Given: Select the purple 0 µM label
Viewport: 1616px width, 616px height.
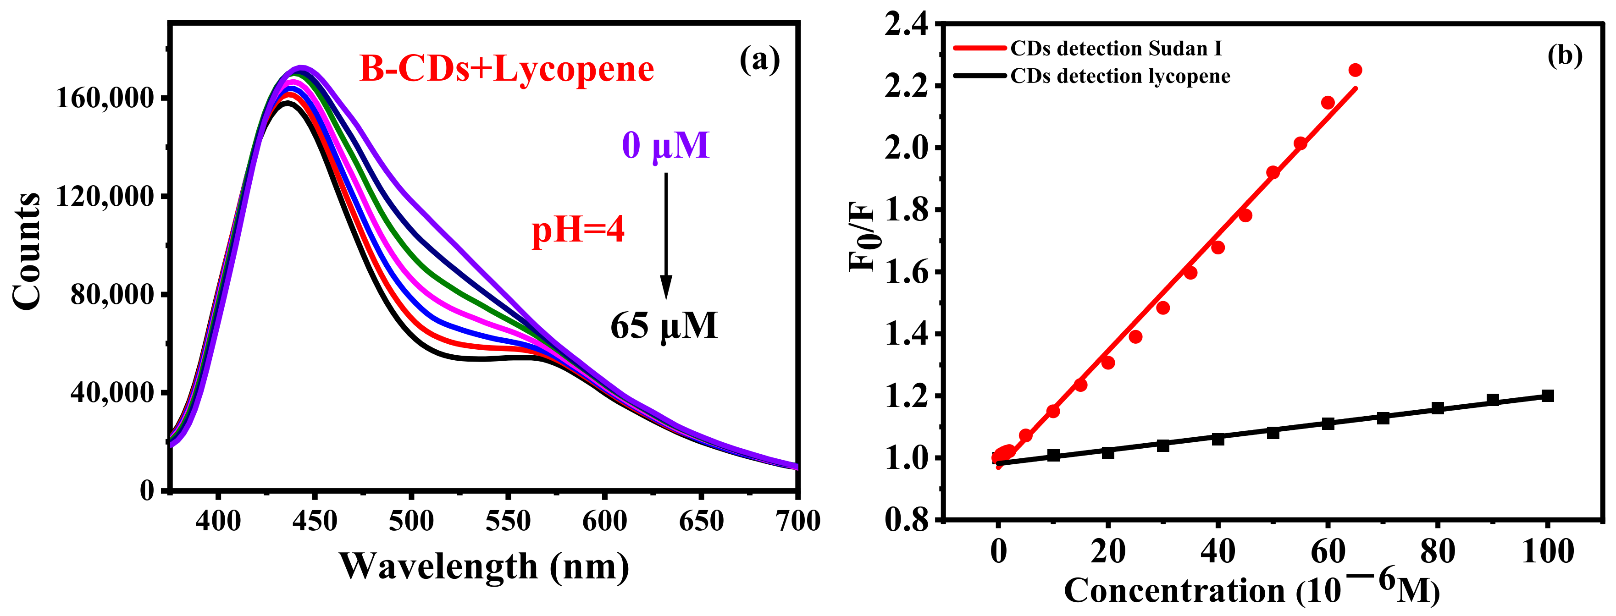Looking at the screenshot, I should [x=665, y=146].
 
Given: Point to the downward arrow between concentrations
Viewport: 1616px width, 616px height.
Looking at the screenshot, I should [x=665, y=235].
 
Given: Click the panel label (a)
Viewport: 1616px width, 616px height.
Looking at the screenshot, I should [x=760, y=60].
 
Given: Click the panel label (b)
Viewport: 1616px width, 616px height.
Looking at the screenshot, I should [x=1565, y=56].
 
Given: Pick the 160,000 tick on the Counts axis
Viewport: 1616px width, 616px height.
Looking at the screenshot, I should [x=105, y=99].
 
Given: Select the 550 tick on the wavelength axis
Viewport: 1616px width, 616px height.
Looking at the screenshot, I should [x=508, y=521].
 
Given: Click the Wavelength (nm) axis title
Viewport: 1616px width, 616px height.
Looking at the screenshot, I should [x=484, y=566].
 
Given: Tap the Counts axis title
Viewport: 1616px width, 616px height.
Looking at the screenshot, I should [x=26, y=251].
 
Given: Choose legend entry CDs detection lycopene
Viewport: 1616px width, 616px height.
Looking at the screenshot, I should [x=1120, y=76].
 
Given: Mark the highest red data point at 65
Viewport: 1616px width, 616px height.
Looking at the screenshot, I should [x=1355, y=70].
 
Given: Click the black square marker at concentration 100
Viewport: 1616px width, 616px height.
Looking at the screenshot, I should [x=1548, y=396].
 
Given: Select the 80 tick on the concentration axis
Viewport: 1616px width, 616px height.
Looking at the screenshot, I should [x=1438, y=552].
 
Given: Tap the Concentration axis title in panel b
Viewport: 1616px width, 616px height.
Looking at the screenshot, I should [x=1251, y=590].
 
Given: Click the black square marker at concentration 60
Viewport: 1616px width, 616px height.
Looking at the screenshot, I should [x=1328, y=423].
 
